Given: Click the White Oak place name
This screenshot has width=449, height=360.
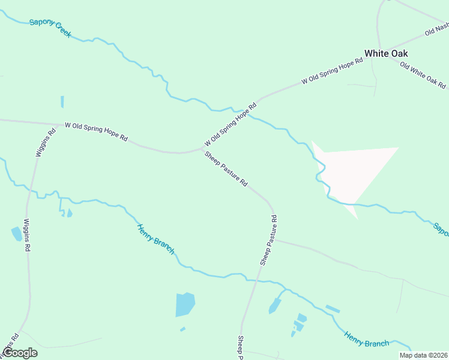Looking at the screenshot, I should pos(386,53).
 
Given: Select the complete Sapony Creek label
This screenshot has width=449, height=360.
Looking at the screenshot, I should pos(50,28).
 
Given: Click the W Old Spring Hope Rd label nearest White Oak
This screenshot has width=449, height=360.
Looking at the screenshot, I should pos(332,71).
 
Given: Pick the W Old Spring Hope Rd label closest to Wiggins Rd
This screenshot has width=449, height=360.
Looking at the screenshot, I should pos(96,131).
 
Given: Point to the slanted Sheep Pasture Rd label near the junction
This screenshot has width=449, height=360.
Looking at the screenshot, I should pos(226,169).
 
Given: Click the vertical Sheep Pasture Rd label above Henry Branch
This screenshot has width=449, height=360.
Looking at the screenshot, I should pos(269,241).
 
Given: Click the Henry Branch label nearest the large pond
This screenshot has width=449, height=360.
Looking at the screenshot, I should pos(155,239).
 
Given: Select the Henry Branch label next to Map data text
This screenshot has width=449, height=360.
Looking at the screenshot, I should pos(366,339).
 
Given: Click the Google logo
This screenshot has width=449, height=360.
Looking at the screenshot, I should pos(19,353).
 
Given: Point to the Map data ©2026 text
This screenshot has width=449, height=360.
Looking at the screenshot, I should pos(423,355).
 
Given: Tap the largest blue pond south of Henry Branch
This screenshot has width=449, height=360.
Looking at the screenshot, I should pos(185,304).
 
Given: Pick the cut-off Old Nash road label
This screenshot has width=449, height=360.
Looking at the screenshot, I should pos(436,29).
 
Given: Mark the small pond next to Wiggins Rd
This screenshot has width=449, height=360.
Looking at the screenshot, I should pos(17,233).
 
